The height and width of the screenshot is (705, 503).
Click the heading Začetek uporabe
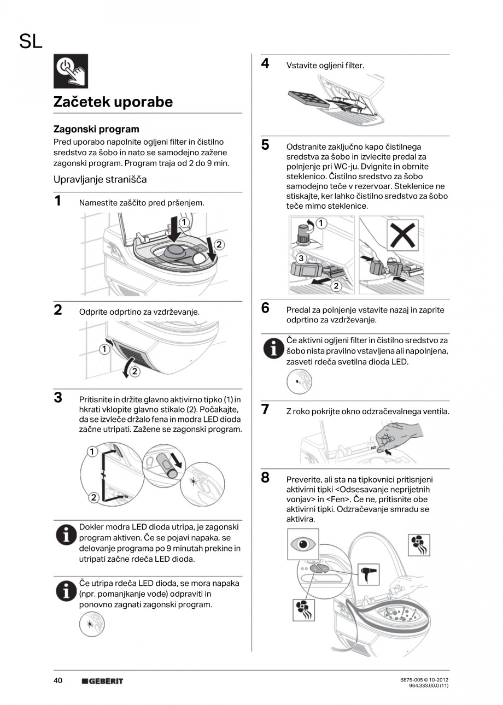[x=113, y=102]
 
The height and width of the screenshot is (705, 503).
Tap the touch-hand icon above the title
[x=71, y=71]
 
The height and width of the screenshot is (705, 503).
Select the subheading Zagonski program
[x=96, y=130]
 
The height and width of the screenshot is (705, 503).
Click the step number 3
[x=58, y=397]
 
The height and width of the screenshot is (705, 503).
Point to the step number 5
[x=265, y=145]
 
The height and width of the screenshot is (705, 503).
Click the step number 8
[x=265, y=478]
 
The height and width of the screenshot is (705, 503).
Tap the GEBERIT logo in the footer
[x=102, y=681]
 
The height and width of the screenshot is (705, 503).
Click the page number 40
[x=58, y=680]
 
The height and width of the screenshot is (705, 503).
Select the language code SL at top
[x=31, y=42]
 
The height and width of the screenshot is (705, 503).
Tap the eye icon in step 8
[x=303, y=545]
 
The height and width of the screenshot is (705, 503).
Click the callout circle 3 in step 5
[x=300, y=257]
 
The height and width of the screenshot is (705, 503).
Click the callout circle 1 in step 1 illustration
[x=184, y=222]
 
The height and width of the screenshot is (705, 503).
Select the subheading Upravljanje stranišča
[x=100, y=179]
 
